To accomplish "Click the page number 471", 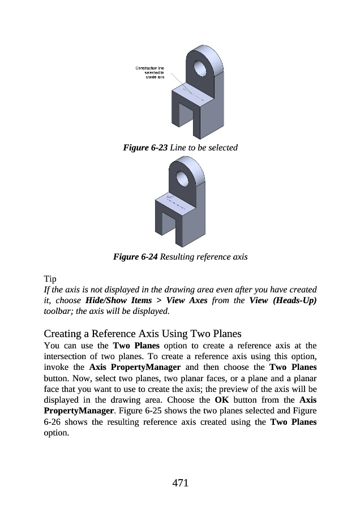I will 180,482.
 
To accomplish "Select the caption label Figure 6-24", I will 136,257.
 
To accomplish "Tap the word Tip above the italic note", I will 50,279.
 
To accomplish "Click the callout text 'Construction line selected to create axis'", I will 150,72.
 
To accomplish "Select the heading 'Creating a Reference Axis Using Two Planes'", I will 142,333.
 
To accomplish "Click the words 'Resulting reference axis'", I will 204,257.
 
